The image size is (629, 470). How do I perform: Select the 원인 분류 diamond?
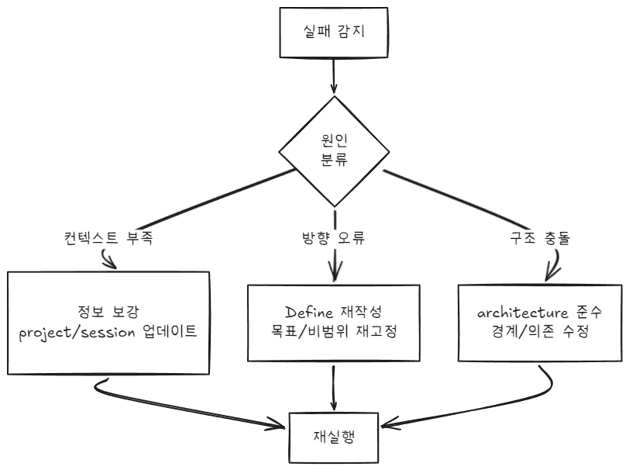334,151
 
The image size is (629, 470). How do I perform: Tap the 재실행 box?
334,435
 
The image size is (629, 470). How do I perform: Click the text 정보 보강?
109,313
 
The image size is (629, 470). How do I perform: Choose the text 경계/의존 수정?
539,334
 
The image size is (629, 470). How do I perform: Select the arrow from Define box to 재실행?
334,385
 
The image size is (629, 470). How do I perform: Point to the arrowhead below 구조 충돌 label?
548,274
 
